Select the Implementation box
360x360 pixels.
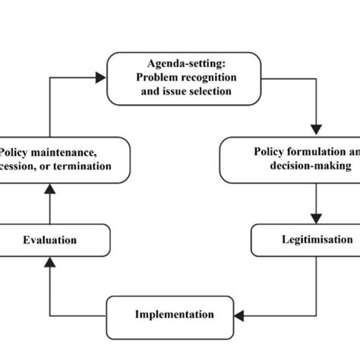coord(174,314)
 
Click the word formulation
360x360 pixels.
coord(311,150)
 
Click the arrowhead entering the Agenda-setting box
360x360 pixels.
coord(101,77)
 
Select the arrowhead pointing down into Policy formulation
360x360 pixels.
coord(316,126)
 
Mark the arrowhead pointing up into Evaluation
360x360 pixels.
coord(49,262)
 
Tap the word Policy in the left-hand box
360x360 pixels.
coord(17,152)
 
